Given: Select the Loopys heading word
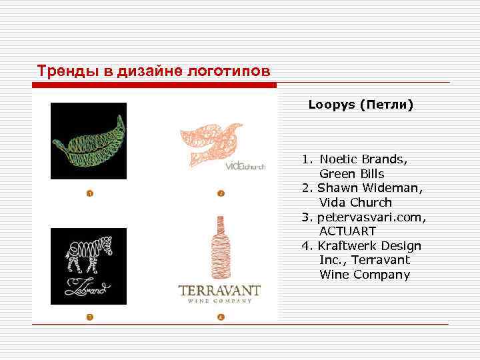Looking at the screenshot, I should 331,105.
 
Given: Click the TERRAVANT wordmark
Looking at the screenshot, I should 219,291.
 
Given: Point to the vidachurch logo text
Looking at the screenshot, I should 245,166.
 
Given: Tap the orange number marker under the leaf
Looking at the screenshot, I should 89,194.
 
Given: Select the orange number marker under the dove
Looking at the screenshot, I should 220,194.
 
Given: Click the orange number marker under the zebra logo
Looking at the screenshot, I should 89,316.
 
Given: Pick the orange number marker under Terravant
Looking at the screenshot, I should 220,316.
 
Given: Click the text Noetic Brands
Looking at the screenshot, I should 363,159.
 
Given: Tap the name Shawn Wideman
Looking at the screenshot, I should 369,188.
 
